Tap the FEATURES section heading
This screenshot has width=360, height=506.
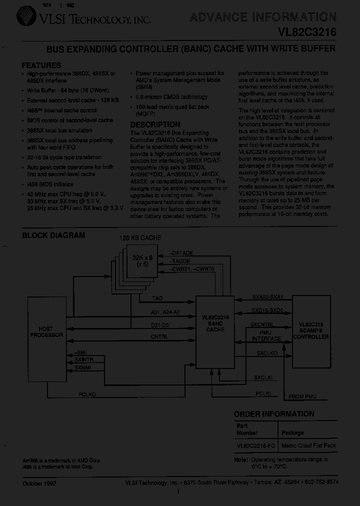point(41,65)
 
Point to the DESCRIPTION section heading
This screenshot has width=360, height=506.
point(155,124)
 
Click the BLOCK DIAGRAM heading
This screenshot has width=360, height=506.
point(53,235)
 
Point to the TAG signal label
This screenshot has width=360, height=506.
point(157,298)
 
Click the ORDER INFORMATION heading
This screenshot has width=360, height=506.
point(274,414)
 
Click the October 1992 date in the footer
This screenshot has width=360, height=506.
point(40,483)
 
